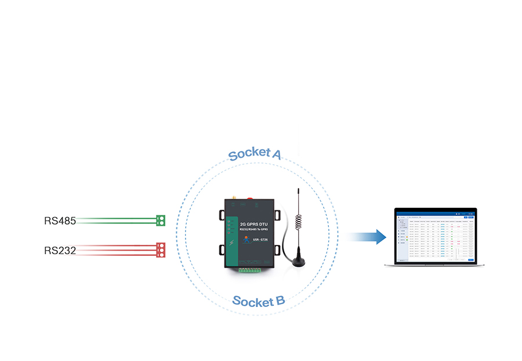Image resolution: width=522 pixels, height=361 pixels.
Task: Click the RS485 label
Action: pyautogui.click(x=60, y=221)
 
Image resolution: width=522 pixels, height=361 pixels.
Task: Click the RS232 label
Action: pyautogui.click(x=60, y=251)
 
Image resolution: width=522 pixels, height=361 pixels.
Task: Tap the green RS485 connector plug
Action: pyautogui.click(x=161, y=220)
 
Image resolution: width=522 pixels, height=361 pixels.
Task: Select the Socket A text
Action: pyautogui.click(x=255, y=154)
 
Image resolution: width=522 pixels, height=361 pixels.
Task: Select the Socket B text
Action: pyautogui.click(x=258, y=301)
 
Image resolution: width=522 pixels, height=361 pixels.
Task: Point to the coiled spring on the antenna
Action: pyautogui.click(x=298, y=222)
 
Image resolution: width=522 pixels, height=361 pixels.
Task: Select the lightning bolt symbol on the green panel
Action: pyautogui.click(x=232, y=242)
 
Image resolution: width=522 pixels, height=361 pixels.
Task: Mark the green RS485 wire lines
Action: pyautogui.click(x=116, y=220)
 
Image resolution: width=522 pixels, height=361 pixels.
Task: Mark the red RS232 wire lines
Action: pyautogui.click(x=116, y=250)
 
